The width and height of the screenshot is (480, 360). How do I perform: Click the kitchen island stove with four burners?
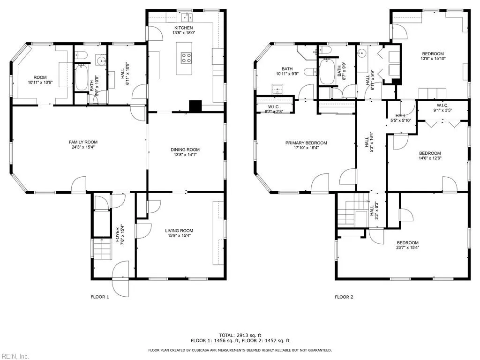pyautogui.click(x=186, y=58)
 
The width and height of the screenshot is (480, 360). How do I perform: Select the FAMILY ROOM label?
pyautogui.click(x=83, y=142)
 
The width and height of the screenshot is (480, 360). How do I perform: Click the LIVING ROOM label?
pyautogui.click(x=179, y=230)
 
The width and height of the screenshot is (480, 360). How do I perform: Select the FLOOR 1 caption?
pyautogui.click(x=99, y=297)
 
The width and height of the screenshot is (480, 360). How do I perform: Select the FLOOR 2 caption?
pyautogui.click(x=344, y=297)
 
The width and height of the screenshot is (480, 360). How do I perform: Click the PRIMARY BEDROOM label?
pyautogui.click(x=307, y=143)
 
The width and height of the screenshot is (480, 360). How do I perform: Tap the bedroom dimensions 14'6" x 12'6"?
pyautogui.click(x=430, y=158)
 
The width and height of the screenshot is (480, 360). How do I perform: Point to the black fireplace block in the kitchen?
pyautogui.click(x=195, y=106)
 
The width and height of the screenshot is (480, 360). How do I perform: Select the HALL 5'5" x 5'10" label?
pyautogui.click(x=400, y=118)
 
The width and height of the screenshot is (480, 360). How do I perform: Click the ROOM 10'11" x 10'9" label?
pyautogui.click(x=40, y=80)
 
